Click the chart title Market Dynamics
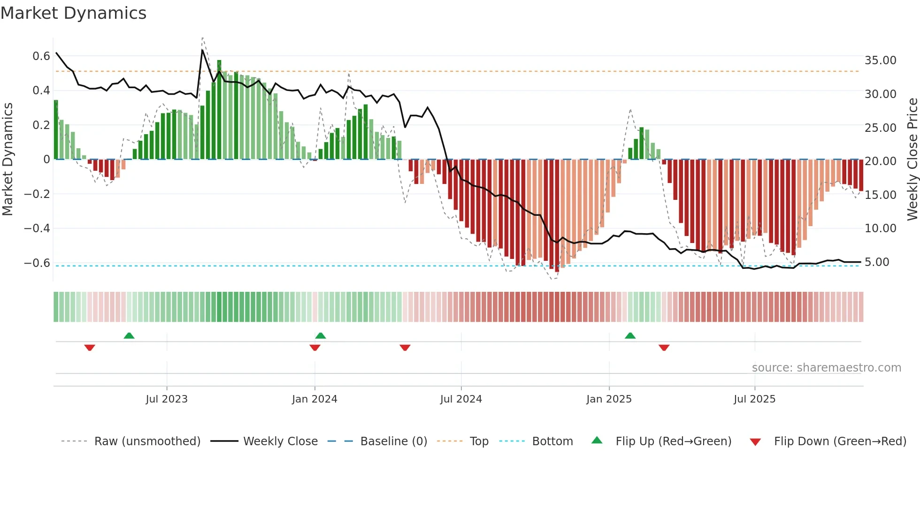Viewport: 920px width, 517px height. point(73,13)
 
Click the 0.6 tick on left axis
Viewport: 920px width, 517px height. point(41,56)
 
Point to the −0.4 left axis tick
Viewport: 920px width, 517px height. point(37,228)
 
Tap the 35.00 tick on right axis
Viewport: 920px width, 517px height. point(880,61)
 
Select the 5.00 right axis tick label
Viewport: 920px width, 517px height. point(877,262)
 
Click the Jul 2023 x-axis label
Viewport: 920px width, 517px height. point(166,399)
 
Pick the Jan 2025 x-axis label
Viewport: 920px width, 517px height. point(609,399)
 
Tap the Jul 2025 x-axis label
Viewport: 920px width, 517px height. point(754,399)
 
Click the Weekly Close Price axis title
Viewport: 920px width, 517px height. point(912,159)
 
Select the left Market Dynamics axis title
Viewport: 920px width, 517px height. point(8,159)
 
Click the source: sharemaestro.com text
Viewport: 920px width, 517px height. point(826,368)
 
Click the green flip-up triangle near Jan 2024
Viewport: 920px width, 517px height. point(321,336)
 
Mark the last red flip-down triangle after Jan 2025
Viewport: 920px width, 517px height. point(664,348)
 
